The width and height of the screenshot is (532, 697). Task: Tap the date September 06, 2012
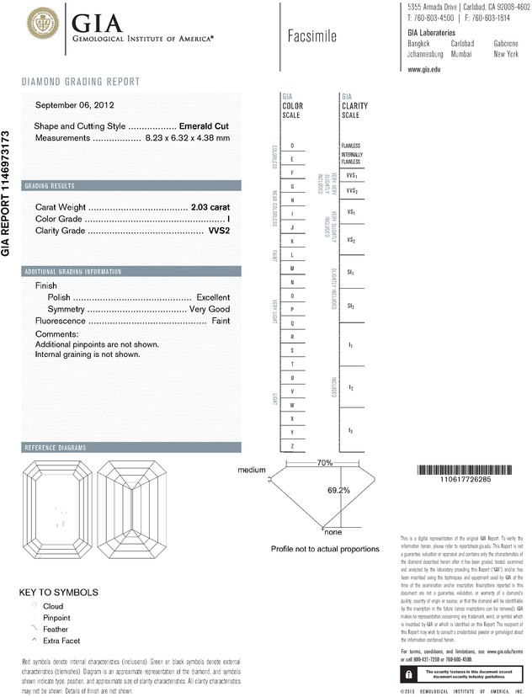point(75,106)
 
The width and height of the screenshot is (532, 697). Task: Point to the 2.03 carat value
point(210,206)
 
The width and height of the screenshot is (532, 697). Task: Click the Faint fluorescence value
point(221,322)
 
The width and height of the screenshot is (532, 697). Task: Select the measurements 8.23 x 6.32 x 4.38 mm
point(187,137)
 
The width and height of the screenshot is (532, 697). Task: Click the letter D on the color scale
point(292,146)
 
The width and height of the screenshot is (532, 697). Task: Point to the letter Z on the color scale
point(292,445)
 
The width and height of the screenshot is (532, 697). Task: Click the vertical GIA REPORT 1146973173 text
point(7,194)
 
